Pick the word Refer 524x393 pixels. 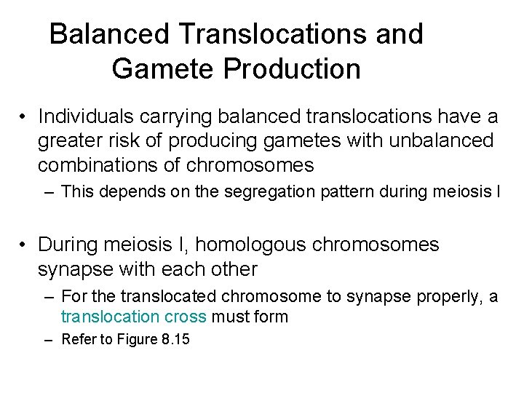(x=78, y=339)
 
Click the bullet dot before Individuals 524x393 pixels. (x=24, y=117)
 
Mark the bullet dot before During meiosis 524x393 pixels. (x=24, y=245)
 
